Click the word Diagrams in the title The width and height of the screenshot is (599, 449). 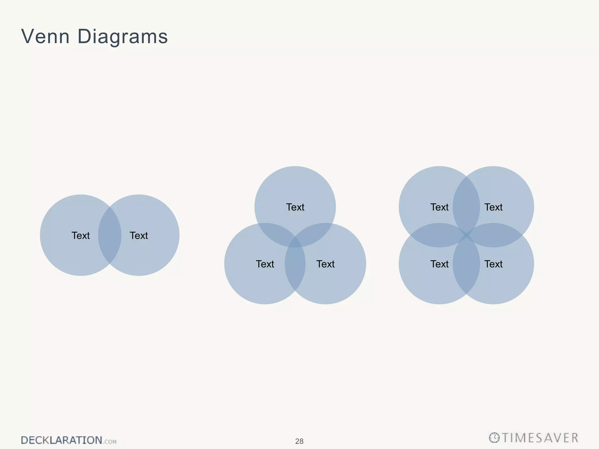[123, 37]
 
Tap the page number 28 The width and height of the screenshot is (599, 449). [299, 441]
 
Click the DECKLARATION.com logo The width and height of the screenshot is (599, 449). [68, 440]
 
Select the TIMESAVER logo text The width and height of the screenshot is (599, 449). [540, 438]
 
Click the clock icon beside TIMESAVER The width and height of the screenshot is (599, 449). [494, 438]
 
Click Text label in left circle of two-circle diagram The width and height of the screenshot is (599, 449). [80, 236]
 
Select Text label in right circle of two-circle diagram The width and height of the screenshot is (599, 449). [139, 236]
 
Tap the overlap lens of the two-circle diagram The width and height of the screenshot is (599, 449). [110, 235]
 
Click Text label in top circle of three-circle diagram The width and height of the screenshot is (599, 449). [295, 207]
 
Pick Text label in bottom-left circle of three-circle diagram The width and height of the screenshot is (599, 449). [265, 264]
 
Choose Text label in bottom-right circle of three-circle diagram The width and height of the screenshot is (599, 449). [325, 264]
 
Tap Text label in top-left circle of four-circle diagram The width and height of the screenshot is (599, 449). [439, 207]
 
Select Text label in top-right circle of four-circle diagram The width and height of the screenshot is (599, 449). [493, 207]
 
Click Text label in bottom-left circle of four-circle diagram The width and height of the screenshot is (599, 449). [439, 264]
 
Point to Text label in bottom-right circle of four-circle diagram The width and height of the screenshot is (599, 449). [493, 264]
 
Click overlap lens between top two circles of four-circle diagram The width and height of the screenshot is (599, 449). [466, 205]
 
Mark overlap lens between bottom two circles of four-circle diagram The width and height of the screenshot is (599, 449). [466, 266]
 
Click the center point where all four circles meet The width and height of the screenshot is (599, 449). [466, 235]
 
